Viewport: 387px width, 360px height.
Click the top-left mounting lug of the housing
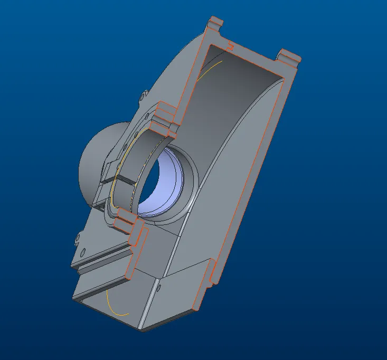click(x=215, y=24)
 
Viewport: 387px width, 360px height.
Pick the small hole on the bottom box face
click(x=159, y=288)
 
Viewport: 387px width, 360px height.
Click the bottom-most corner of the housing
click(x=143, y=330)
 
